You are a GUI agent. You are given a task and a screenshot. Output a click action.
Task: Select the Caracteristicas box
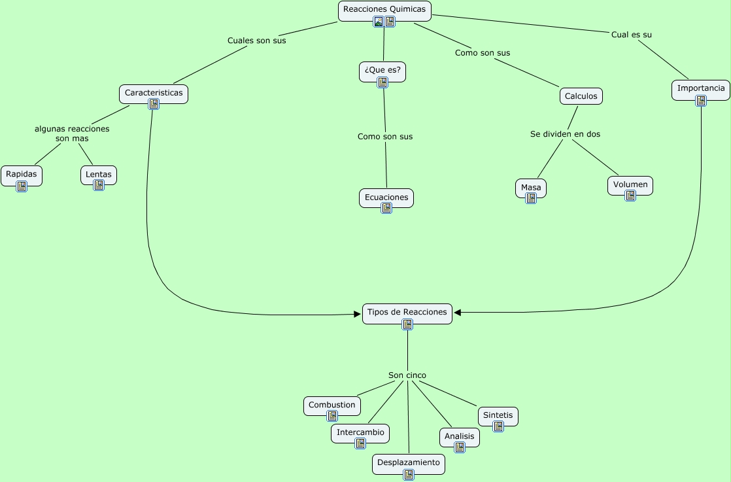click(x=154, y=93)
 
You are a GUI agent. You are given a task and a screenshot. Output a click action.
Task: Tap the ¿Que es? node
click(x=382, y=69)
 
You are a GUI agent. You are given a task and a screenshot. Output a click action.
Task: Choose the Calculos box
click(x=581, y=96)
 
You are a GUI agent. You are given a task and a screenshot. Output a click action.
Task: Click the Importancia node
click(x=701, y=88)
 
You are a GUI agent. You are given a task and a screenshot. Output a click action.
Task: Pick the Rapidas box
click(x=22, y=174)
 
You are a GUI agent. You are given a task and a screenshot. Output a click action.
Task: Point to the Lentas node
click(x=99, y=175)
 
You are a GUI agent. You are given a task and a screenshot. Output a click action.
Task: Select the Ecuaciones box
click(x=386, y=197)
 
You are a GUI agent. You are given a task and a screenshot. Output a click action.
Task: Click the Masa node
click(x=531, y=188)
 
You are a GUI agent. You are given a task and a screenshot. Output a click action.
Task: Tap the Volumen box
click(x=630, y=184)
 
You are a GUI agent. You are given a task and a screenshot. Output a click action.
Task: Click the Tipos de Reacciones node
click(x=407, y=312)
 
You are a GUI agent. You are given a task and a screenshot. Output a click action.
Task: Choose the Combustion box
click(x=332, y=405)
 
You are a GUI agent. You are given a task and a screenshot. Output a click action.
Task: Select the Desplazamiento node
click(x=409, y=462)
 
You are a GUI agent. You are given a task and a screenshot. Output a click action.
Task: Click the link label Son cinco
click(x=407, y=375)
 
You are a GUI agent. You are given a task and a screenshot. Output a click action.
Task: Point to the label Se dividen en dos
click(x=565, y=134)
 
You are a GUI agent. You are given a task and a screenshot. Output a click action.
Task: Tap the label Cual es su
click(x=632, y=35)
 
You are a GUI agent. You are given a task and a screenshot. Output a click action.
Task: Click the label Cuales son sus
click(x=257, y=41)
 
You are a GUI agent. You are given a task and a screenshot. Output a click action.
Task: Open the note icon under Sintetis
click(x=498, y=426)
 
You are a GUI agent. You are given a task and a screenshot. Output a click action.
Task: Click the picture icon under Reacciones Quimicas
click(x=379, y=22)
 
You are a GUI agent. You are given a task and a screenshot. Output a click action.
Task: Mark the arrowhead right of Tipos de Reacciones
click(x=458, y=313)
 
